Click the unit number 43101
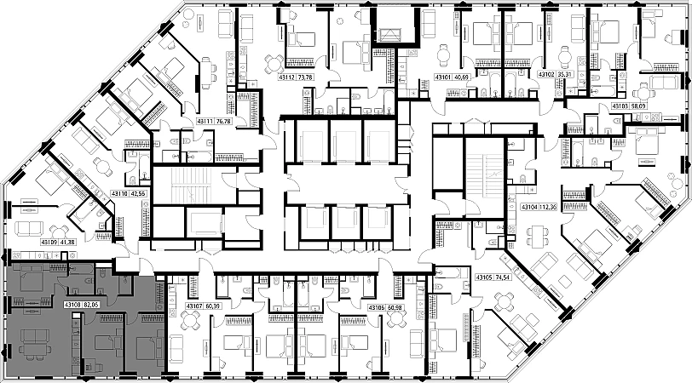(x=443, y=77)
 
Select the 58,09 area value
(x=637, y=106)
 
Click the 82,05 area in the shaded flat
(x=90, y=302)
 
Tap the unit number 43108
(x=72, y=302)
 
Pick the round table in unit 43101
(x=441, y=55)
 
